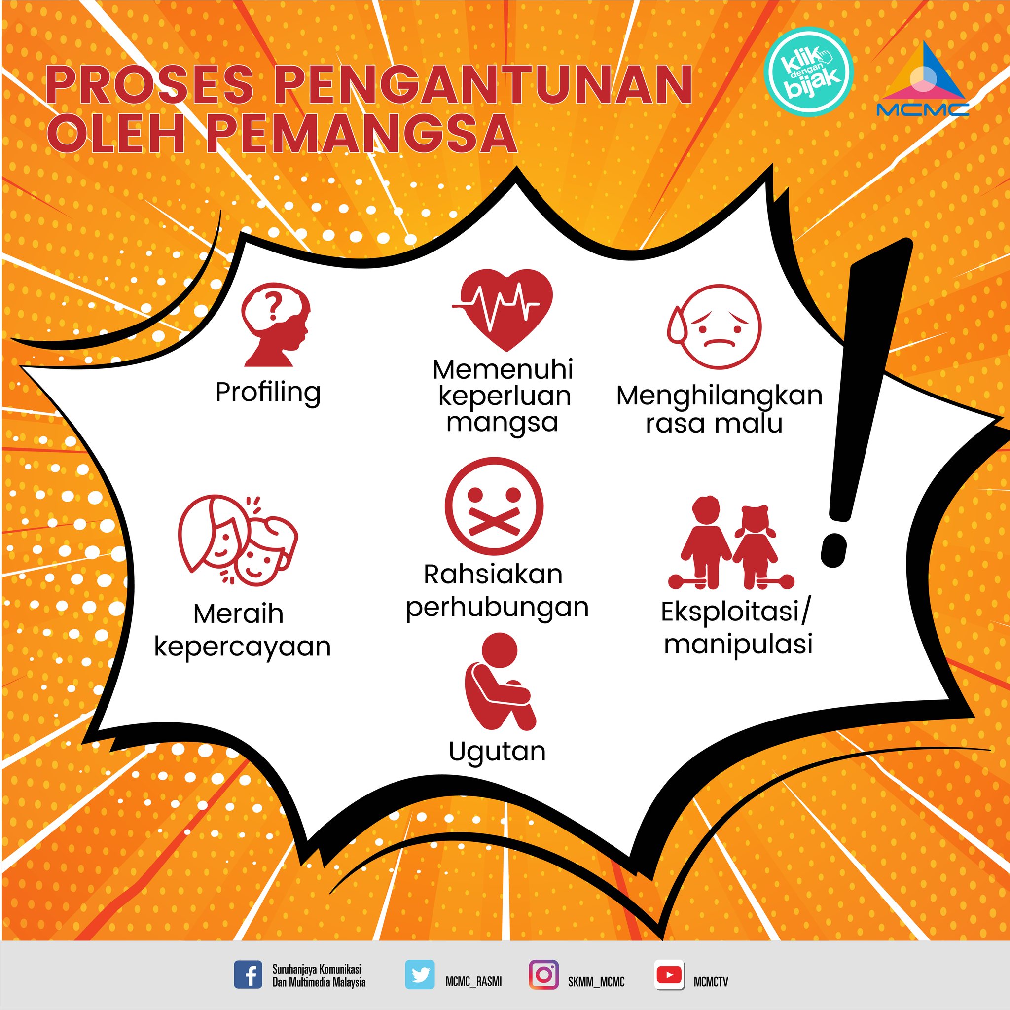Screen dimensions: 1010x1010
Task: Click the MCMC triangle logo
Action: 922,78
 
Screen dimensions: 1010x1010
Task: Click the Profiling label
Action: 268,393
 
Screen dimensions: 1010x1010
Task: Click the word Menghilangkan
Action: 720,397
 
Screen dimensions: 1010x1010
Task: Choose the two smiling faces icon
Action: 238,539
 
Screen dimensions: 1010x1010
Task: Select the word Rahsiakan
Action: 493,575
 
